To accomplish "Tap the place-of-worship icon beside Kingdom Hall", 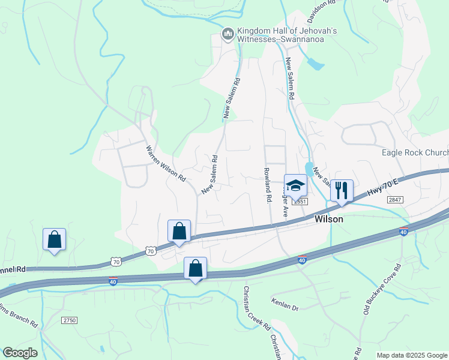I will (x=228, y=35).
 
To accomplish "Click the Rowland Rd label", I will (x=265, y=184).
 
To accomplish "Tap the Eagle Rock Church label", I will (x=415, y=152).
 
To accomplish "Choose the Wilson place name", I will (x=330, y=220).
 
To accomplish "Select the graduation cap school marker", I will (x=295, y=187).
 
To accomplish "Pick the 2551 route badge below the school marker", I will (x=300, y=202).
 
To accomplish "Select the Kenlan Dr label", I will (x=285, y=307).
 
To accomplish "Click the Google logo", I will (x=20, y=353).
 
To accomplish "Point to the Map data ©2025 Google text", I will (x=412, y=355).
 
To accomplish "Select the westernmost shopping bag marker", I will (x=54, y=239).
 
